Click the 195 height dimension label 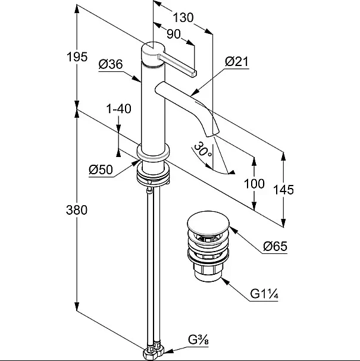click(x=77, y=57)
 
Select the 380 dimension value click(x=77, y=210)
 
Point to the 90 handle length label click(x=173, y=34)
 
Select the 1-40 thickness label click(x=118, y=108)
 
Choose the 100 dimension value click(x=254, y=184)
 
